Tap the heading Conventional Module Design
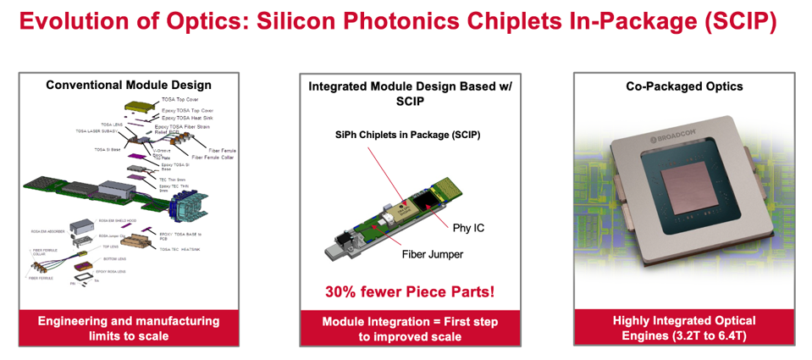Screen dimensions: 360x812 tap(129, 85)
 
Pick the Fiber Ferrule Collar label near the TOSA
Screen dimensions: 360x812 tap(215, 157)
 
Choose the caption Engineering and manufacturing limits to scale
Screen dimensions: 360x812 tap(129, 328)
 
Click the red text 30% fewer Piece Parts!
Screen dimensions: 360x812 tap(410, 292)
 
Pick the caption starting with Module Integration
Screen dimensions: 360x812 tap(410, 329)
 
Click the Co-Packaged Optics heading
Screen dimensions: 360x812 tap(684, 86)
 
